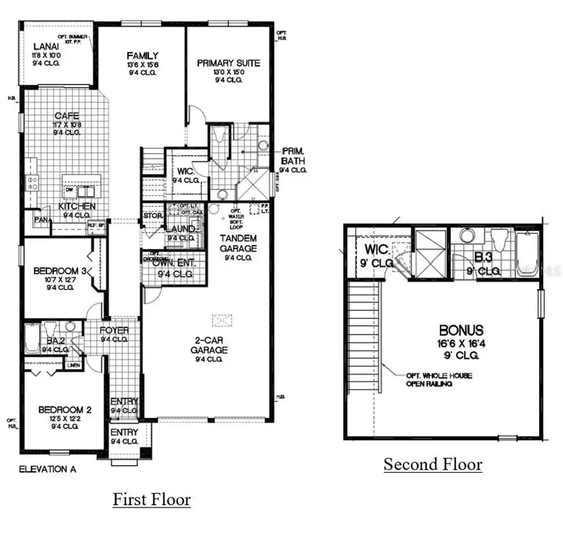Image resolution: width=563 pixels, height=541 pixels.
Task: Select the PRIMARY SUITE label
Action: [x=228, y=63]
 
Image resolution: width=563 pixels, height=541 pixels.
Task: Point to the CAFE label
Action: [x=66, y=116]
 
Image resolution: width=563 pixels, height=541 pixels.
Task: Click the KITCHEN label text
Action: [x=77, y=206]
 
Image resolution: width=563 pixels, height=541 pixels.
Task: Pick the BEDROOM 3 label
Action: [x=55, y=270]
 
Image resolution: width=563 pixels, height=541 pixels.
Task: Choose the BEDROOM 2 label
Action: [x=65, y=410]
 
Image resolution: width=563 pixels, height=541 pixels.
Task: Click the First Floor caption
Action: [x=151, y=500]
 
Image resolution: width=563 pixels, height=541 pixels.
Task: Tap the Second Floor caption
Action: [x=433, y=465]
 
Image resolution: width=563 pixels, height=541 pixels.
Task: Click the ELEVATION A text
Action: [x=48, y=469]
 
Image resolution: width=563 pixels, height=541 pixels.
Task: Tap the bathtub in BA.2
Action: [x=32, y=340]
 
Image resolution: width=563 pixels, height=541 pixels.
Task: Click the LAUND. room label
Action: [x=180, y=230]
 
